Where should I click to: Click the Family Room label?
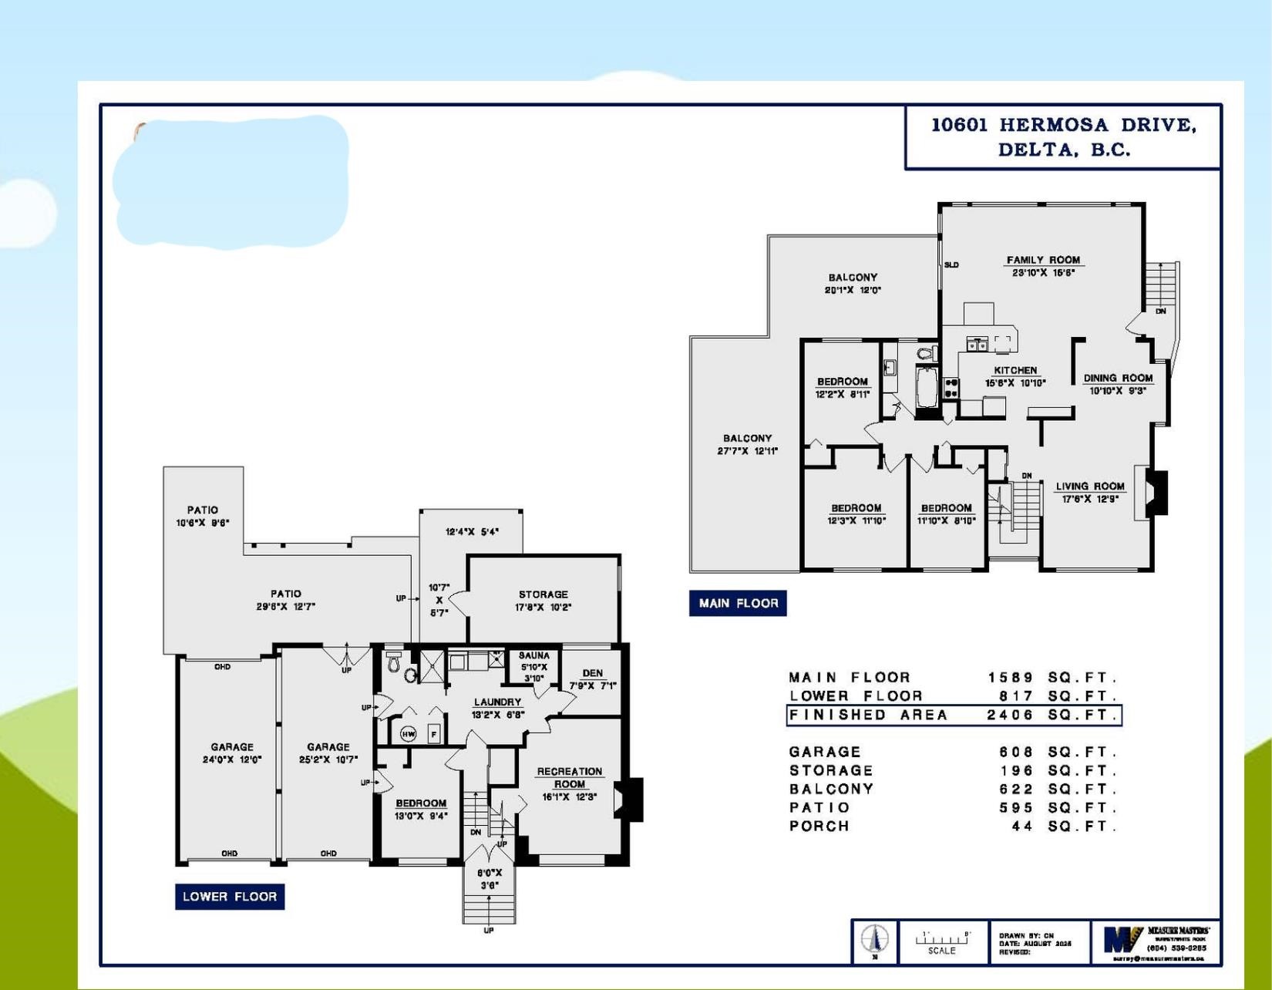coord(1043,261)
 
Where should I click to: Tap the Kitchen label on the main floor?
coord(1015,371)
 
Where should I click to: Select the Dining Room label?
coord(1118,379)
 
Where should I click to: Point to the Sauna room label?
coord(534,656)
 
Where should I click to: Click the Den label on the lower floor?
coord(592,673)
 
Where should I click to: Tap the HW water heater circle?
coord(408,734)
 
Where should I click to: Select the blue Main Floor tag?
coord(738,604)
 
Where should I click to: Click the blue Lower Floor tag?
coord(230,897)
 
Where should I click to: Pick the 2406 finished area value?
coord(1010,716)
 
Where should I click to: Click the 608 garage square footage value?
coord(1015,752)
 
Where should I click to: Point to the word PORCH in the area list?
coord(819,826)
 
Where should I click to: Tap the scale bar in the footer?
coord(942,939)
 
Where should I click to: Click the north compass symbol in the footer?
coord(875,940)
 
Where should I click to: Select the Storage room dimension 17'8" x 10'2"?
coord(543,608)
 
